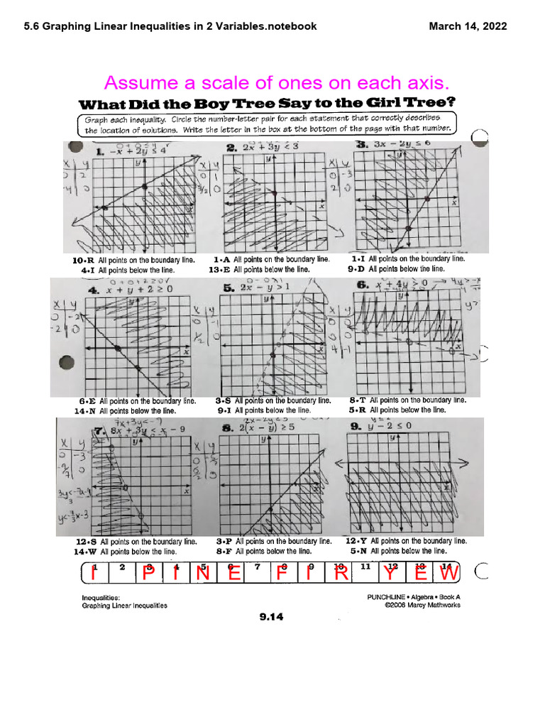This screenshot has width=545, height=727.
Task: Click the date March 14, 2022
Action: click(468, 27)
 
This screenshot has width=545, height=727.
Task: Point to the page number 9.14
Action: click(271, 617)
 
